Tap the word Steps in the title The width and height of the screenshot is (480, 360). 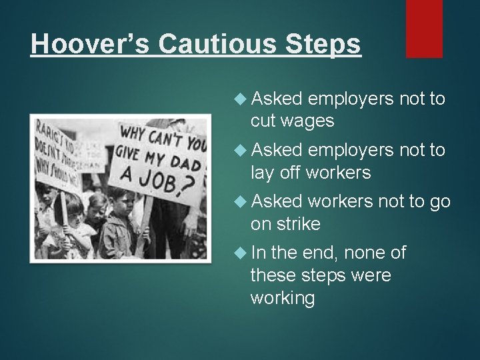326,44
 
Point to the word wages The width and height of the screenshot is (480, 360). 309,121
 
